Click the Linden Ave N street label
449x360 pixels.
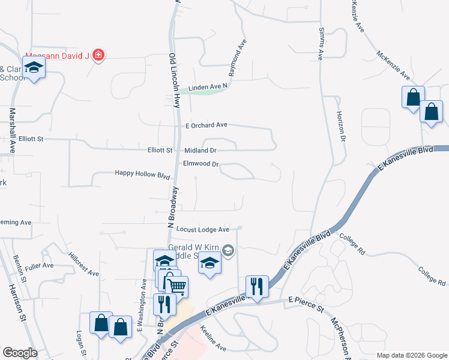[208, 88]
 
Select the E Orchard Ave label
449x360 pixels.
[206, 125]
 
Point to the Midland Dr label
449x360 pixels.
[200, 150]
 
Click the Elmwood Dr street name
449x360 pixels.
[200, 163]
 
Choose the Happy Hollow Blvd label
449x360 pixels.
[143, 173]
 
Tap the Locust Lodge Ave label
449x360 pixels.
[203, 229]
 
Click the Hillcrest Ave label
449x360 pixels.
[83, 264]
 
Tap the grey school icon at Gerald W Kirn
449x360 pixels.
[228, 250]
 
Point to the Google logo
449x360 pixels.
[20, 353]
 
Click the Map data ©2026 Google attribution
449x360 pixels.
[411, 355]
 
